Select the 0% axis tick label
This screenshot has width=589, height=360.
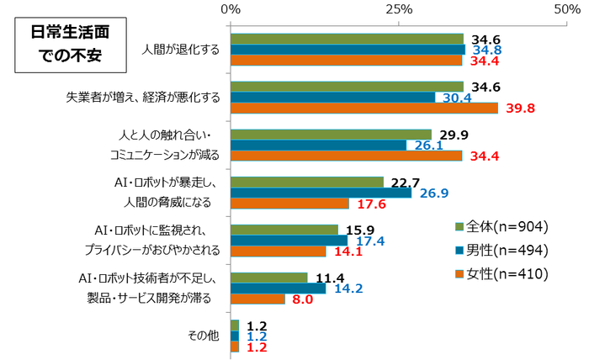231,8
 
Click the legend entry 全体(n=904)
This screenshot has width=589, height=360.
502,226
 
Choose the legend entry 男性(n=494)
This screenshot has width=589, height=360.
502,250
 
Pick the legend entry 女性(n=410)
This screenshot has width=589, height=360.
502,273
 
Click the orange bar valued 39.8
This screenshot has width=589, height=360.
364,108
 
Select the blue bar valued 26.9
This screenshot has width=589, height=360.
321,193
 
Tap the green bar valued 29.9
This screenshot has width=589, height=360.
331,135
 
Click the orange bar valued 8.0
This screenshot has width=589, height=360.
257,299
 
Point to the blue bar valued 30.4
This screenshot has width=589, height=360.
333,97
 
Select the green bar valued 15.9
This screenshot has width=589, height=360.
284,230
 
